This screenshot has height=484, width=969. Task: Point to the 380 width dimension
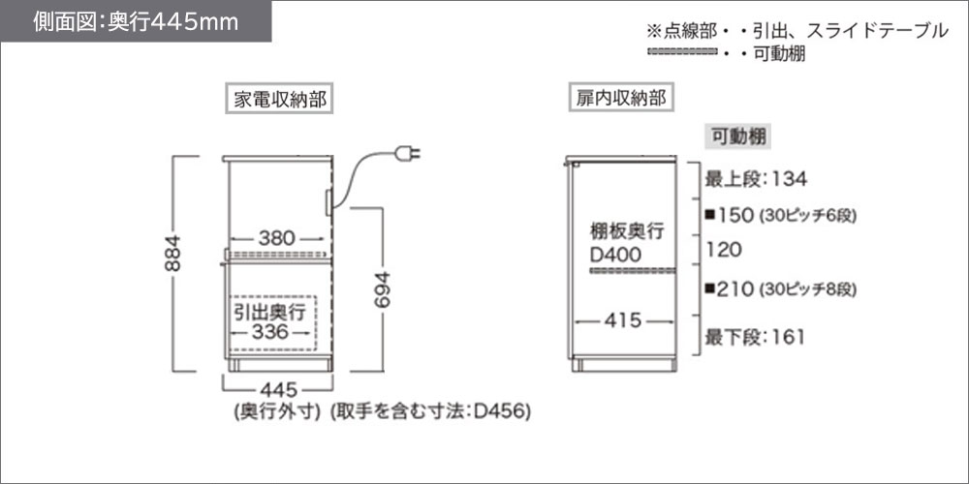tap(276, 237)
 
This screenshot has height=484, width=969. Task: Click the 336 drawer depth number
tap(269, 332)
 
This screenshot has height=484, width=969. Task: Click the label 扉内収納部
tap(621, 99)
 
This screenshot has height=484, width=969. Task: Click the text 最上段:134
tap(757, 178)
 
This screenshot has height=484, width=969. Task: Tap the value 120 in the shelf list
tap(725, 250)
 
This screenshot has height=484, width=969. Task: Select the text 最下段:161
tap(757, 337)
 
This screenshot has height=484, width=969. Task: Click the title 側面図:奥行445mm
tap(137, 22)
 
